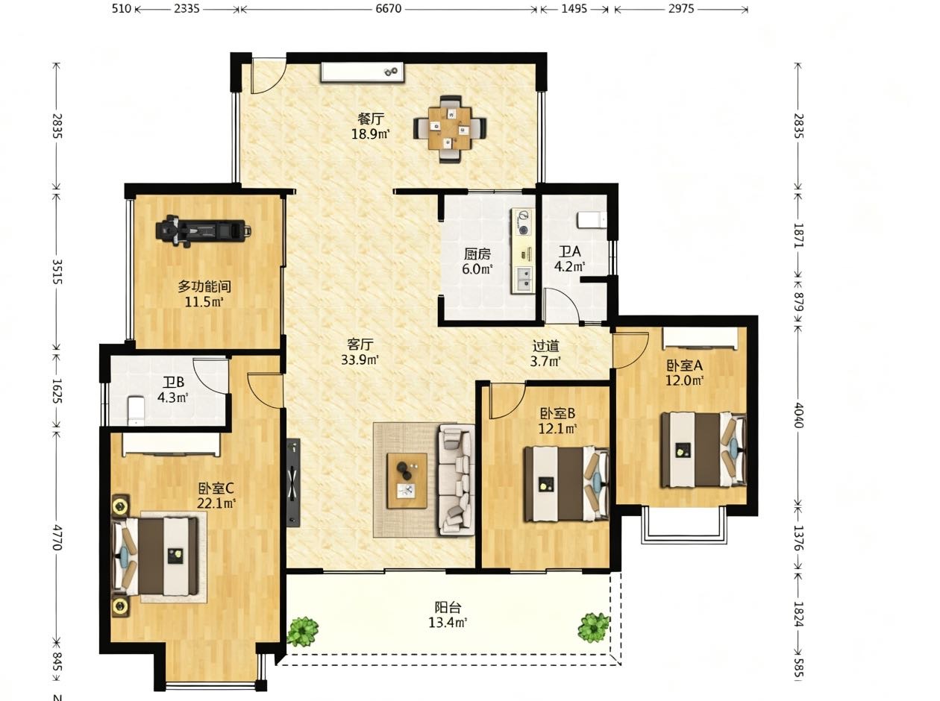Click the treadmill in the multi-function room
pyautogui.click(x=203, y=230)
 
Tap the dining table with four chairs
pyautogui.click(x=450, y=128)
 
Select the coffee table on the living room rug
pyautogui.click(x=407, y=480)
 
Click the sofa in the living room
pyautogui.click(x=456, y=480)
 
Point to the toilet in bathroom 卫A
pyautogui.click(x=592, y=220)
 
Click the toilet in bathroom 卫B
pyautogui.click(x=137, y=411)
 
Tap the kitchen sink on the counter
pyautogui.click(x=523, y=279)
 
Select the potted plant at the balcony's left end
pyautogui.click(x=303, y=631)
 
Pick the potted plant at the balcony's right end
pyautogui.click(x=593, y=627)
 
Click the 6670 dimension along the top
pyautogui.click(x=389, y=8)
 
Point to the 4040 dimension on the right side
pyautogui.click(x=798, y=415)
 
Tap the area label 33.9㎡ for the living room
pyautogui.click(x=360, y=360)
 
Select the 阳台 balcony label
pyautogui.click(x=448, y=607)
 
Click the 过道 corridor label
pyautogui.click(x=545, y=346)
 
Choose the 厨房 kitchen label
pyautogui.click(x=477, y=254)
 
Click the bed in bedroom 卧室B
pyautogui.click(x=566, y=483)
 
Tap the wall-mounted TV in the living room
pyautogui.click(x=293, y=482)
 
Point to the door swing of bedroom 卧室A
pyautogui.click(x=631, y=350)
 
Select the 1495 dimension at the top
pyautogui.click(x=574, y=8)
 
